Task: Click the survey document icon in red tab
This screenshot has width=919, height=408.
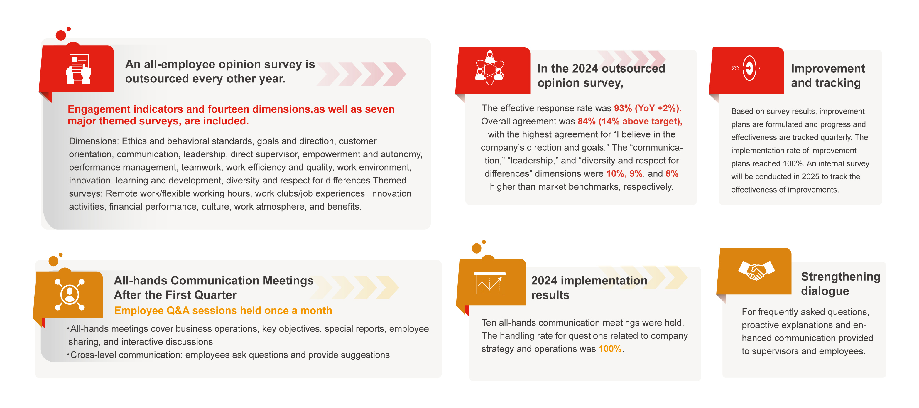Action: click(78, 69)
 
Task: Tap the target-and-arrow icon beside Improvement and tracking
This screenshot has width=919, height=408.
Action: click(746, 68)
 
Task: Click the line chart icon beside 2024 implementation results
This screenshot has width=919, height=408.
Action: click(489, 284)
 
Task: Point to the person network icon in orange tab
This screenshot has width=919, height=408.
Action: click(70, 294)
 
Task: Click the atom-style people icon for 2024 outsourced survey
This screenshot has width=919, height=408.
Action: click(489, 68)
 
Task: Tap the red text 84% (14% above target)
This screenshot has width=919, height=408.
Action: click(630, 121)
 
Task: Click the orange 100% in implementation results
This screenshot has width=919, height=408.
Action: click(610, 349)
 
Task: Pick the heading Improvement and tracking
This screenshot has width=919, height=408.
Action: click(828, 75)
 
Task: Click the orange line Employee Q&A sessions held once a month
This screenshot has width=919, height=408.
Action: click(223, 311)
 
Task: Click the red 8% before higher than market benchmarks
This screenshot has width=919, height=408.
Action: click(672, 173)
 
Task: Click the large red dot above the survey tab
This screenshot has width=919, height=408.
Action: click(61, 35)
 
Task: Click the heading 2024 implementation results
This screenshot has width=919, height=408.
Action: click(589, 288)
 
